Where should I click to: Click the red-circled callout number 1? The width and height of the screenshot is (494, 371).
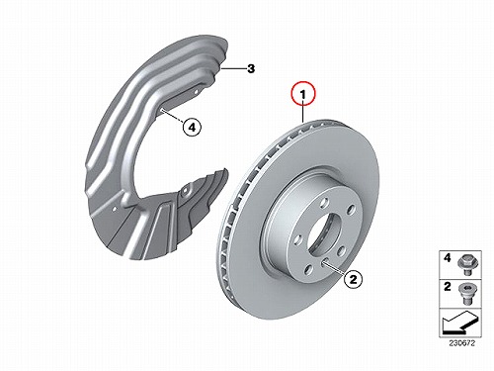[302, 93]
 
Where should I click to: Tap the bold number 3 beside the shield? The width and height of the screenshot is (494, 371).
[251, 69]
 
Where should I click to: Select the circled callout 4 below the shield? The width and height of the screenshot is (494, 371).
[192, 127]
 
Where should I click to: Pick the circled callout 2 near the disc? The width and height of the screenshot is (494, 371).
[353, 279]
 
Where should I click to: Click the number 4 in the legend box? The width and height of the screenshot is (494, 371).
[447, 258]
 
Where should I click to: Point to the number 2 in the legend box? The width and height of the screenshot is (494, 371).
[447, 287]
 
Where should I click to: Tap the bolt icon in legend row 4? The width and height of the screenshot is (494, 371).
[465, 265]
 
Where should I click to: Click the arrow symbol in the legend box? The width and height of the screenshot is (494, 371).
[460, 323]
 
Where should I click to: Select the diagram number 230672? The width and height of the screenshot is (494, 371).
[461, 343]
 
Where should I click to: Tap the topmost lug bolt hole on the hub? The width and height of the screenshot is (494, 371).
[325, 202]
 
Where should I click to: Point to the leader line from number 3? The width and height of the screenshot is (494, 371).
[233, 69]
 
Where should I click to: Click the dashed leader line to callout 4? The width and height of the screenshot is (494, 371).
[172, 116]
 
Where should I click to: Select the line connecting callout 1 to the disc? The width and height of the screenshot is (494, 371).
[302, 113]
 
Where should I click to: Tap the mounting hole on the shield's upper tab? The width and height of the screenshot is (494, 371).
[196, 92]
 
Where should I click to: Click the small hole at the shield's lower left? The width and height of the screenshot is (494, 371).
[115, 209]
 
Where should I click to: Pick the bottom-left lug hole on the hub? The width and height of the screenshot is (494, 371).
[308, 270]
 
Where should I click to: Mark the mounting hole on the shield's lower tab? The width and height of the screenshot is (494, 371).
[185, 191]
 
